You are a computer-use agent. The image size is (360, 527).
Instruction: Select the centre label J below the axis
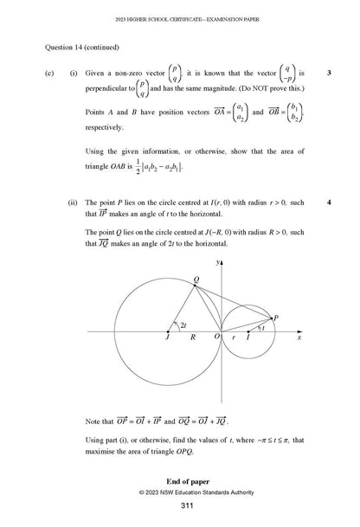pyautogui.click(x=167, y=341)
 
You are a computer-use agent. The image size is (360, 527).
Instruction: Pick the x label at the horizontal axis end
pyautogui.click(x=298, y=341)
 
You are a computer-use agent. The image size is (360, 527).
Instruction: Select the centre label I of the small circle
pyautogui.click(x=248, y=341)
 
